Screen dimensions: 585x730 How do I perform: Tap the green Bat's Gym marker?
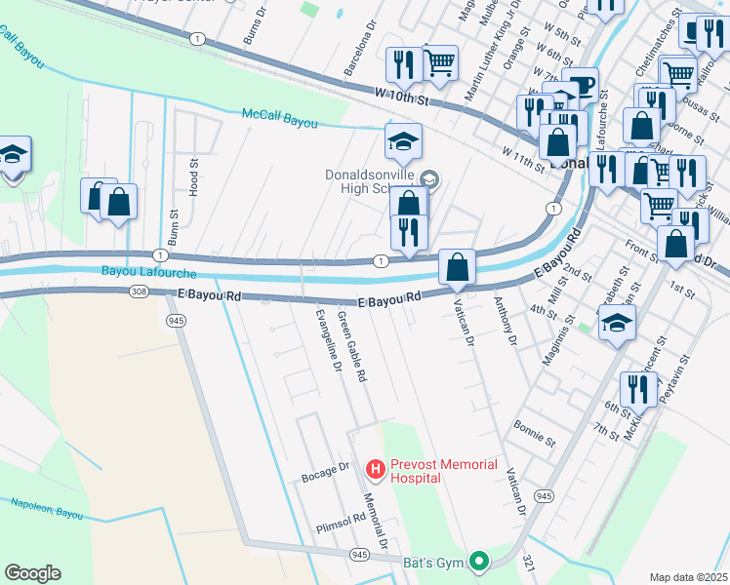click(x=478, y=561)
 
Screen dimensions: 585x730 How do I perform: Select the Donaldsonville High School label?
click(x=371, y=182)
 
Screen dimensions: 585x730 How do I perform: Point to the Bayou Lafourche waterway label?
click(x=148, y=272)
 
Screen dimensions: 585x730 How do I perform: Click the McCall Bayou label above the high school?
click(x=280, y=114)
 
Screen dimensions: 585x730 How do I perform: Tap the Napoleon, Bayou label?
click(x=46, y=507)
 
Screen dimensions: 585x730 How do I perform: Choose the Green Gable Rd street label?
click(x=351, y=345)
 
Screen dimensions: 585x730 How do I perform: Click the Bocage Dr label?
click(x=326, y=472)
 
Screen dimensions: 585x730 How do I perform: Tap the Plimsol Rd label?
click(x=340, y=522)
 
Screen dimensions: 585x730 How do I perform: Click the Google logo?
click(x=32, y=572)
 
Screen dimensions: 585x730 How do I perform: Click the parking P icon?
click(x=582, y=85)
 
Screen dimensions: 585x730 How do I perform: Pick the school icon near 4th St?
click(x=617, y=324)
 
